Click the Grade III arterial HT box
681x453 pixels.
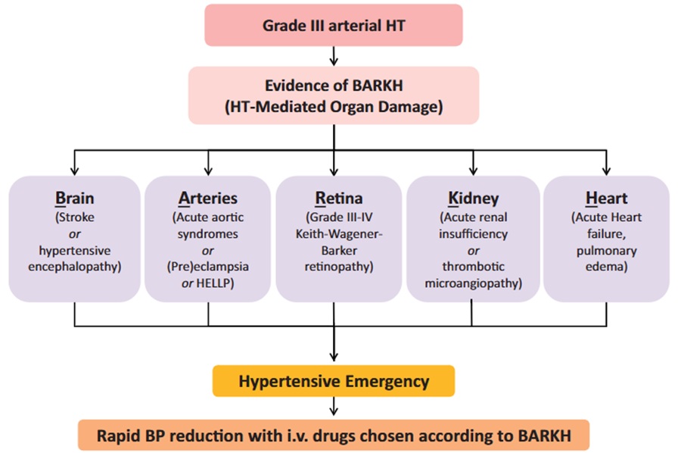(x=334, y=25)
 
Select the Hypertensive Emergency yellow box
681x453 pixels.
(x=334, y=381)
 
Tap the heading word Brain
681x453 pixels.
(x=75, y=198)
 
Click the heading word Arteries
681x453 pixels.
(x=208, y=198)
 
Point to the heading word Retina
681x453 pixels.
(x=339, y=198)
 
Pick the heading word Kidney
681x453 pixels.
(x=474, y=198)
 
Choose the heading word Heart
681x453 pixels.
(x=606, y=198)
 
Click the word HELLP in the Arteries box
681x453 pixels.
(x=215, y=283)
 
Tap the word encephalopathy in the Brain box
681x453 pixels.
(x=75, y=267)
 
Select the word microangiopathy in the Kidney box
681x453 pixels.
(x=474, y=283)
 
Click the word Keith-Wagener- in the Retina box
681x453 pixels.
(x=339, y=234)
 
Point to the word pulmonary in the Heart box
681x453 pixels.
(x=606, y=251)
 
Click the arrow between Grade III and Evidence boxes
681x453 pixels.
(x=334, y=56)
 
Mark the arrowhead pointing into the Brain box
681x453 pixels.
(x=75, y=171)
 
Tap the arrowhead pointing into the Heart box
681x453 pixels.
(x=606, y=171)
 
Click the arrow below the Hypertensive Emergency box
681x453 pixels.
(x=334, y=406)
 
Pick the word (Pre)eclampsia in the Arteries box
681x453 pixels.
(x=208, y=267)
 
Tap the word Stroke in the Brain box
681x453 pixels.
(x=75, y=217)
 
